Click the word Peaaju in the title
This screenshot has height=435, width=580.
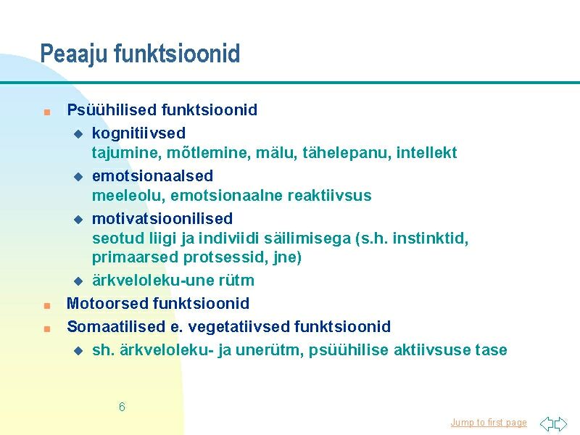tap(73, 54)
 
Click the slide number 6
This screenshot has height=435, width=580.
tap(122, 407)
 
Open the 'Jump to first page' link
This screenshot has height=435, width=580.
tap(489, 423)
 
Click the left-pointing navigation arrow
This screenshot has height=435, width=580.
tap(547, 423)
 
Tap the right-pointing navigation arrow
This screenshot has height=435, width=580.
tap(560, 423)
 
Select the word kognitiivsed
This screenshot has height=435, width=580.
tap(138, 133)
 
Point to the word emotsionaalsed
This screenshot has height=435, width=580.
tap(153, 175)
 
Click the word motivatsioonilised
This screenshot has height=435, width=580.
tap(162, 219)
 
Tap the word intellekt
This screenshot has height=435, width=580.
tap(426, 152)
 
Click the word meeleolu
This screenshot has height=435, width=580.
tap(128, 195)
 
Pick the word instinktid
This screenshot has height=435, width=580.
tap(431, 239)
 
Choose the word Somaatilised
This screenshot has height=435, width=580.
tap(116, 327)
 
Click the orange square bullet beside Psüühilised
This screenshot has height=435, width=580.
tap(47, 112)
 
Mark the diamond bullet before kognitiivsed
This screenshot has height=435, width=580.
tap(78, 134)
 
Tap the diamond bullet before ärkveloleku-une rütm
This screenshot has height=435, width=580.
tap(78, 281)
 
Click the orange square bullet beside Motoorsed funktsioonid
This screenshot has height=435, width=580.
tap(47, 305)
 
